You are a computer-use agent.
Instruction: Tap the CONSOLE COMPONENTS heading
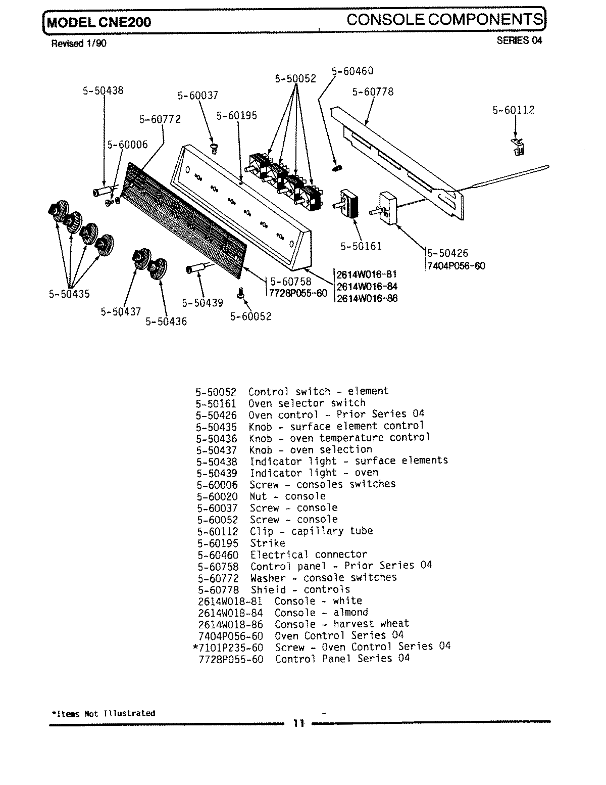click(445, 20)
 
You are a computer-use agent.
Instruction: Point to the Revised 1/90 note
click(79, 43)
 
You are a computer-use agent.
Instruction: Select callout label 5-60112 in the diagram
click(513, 110)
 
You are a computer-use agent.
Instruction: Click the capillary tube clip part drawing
click(518, 146)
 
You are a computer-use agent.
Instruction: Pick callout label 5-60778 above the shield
click(373, 92)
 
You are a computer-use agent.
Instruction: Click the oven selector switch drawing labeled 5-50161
click(349, 204)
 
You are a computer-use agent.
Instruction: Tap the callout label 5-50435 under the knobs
click(69, 294)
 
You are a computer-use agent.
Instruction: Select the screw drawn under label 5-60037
click(213, 147)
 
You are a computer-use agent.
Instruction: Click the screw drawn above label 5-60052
click(240, 293)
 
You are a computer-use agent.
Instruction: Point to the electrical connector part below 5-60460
click(337, 168)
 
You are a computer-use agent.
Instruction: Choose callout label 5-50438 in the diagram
click(103, 91)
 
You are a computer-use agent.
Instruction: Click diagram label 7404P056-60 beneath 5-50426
click(457, 265)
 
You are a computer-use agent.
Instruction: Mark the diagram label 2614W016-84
click(367, 287)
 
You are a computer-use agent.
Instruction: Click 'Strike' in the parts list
click(268, 543)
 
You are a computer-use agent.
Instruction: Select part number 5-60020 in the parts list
click(217, 496)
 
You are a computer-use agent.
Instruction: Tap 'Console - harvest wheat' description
click(342, 624)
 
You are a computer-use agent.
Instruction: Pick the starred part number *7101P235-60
click(228, 648)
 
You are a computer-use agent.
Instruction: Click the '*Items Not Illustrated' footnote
click(104, 714)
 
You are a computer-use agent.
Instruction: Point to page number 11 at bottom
click(299, 723)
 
